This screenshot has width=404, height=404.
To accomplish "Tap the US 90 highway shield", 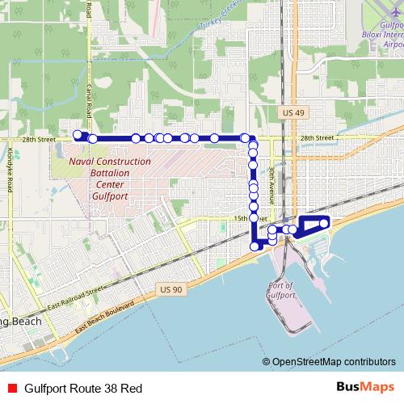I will (x=171, y=289).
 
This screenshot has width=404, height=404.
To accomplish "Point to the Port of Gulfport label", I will (x=279, y=290).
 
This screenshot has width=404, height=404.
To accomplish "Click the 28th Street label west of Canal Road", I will (x=39, y=139).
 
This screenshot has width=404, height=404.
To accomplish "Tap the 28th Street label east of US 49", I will (x=317, y=138).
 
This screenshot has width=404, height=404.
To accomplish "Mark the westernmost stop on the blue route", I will (x=78, y=135).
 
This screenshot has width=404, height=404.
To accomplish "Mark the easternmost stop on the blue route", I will (x=325, y=223).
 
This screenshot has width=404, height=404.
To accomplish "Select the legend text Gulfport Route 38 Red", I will (x=83, y=388).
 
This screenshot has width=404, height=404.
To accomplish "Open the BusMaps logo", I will (x=364, y=387).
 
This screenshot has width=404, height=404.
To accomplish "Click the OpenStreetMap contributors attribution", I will (x=332, y=361).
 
